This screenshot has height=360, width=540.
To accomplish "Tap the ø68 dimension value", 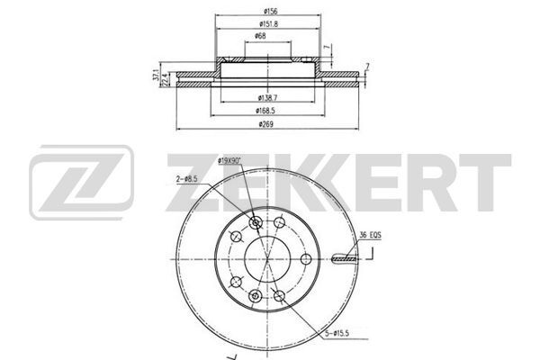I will (260, 36).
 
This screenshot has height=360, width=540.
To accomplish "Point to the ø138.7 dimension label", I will (266, 96).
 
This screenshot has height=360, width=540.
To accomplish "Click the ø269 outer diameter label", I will (265, 124).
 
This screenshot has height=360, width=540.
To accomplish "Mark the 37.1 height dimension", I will (156, 76).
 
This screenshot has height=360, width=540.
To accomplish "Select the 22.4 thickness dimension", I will (165, 81).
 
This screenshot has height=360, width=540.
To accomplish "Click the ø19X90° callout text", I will (231, 160).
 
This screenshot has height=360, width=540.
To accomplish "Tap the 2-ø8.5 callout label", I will (186, 180).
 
